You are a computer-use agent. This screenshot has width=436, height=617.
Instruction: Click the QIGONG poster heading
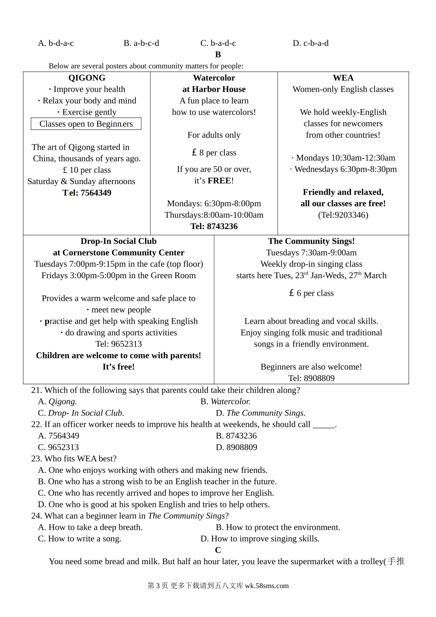(87, 78)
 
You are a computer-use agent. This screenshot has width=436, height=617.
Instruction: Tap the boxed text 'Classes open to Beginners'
(86, 124)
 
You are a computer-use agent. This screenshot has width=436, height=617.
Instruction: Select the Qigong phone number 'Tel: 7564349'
(87, 193)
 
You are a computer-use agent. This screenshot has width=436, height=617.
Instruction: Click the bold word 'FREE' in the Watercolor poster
(219, 181)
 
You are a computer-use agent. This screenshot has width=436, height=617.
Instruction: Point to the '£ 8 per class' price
(214, 153)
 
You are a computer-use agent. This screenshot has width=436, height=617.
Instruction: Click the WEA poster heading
(343, 78)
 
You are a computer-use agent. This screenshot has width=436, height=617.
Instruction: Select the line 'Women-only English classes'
(343, 90)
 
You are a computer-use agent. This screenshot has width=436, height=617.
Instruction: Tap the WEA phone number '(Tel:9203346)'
(343, 215)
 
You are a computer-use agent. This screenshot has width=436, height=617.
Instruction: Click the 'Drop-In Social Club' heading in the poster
(118, 241)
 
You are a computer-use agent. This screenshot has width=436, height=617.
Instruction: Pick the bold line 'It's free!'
(118, 367)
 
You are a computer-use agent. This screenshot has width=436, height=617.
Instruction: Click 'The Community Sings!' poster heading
(311, 241)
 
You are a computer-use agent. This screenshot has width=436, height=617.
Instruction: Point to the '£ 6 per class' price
(311, 293)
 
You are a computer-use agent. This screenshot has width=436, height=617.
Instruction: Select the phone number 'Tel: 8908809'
(311, 378)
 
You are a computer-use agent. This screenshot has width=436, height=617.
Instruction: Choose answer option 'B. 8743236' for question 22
(236, 436)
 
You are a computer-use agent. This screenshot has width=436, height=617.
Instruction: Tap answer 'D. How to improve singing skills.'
(260, 539)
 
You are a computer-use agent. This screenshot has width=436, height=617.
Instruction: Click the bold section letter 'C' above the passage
(218, 550)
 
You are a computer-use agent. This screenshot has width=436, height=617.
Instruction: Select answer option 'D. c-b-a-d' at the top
(311, 44)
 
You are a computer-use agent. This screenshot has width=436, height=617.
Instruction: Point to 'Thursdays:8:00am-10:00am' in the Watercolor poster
(214, 215)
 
